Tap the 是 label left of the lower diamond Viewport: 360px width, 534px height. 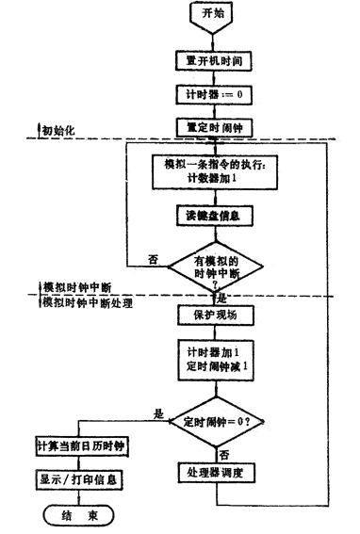[x=158, y=413]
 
